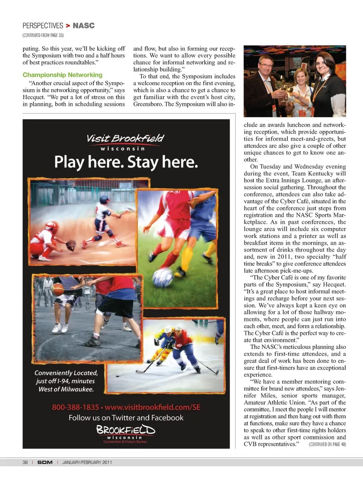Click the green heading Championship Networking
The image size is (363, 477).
[62, 75]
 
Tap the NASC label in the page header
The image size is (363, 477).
[84, 26]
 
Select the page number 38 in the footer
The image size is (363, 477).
[25, 462]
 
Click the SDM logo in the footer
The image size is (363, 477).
[45, 462]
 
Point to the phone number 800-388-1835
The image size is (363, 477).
[75, 407]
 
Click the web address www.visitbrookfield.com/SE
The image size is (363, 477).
[152, 407]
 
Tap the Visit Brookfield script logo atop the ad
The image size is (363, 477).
[126, 139]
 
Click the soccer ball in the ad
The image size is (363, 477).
[163, 277]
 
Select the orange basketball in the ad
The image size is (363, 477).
[58, 290]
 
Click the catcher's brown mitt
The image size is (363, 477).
[71, 245]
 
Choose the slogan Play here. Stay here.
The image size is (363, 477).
[126, 162]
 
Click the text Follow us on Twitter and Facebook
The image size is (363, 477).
[126, 418]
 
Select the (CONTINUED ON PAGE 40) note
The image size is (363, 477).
[327, 444]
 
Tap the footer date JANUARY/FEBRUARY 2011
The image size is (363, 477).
[87, 462]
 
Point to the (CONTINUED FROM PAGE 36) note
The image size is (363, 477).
[43, 35]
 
